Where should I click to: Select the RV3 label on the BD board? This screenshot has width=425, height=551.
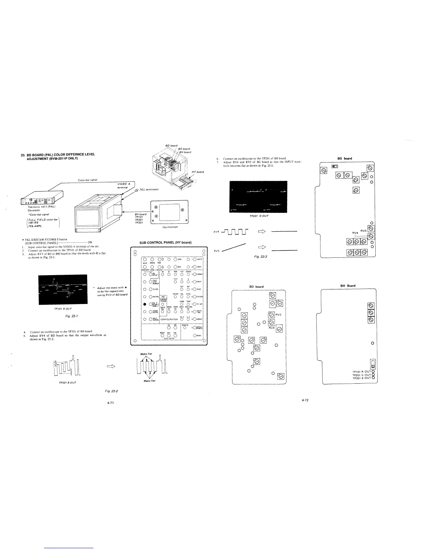click(x=278, y=315)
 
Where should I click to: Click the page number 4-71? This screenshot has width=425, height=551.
click(x=111, y=402)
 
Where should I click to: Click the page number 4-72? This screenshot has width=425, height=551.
click(x=305, y=400)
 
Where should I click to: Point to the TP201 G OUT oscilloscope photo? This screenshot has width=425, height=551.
click(x=259, y=196)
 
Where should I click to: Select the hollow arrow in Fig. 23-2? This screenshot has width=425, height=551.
click(x=111, y=366)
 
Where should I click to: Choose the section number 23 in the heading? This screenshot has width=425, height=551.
click(x=24, y=154)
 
